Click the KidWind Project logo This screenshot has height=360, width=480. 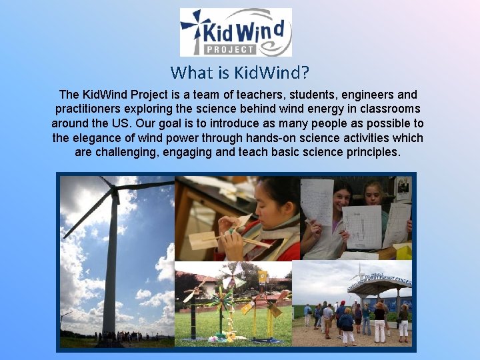point(236,32)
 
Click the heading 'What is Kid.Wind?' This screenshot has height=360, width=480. point(239,71)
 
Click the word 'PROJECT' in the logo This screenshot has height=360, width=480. point(229,49)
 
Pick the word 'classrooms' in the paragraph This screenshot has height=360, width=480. point(390,109)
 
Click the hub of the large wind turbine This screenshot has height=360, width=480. point(115,191)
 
